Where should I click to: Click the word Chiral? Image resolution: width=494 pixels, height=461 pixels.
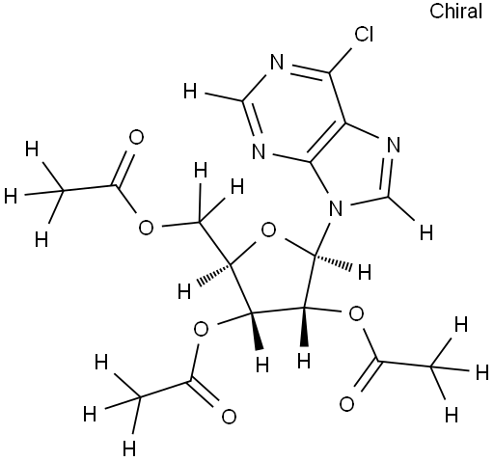pos(455,12)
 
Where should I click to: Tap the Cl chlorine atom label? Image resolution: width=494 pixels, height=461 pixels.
pos(364,34)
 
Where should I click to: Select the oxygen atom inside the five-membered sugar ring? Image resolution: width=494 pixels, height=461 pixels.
pos(269,230)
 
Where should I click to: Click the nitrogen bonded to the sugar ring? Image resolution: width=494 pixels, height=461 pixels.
pos(336,208)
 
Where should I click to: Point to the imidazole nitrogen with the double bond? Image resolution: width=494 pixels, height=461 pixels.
pos(393,145)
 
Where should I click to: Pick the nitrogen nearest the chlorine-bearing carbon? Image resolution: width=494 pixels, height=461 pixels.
pos(277,62)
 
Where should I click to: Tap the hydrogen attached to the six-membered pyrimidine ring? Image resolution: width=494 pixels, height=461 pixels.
pos(190,91)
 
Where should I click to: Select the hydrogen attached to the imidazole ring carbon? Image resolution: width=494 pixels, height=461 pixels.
pos(426,232)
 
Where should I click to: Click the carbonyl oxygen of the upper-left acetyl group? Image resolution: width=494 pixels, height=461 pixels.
pos(136,138)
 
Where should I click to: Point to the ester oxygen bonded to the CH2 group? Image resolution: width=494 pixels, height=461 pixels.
pos(146,228)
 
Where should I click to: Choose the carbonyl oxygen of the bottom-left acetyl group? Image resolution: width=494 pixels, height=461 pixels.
pos(229,417)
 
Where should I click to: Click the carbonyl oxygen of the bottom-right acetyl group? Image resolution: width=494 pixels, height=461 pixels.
pos(346,404)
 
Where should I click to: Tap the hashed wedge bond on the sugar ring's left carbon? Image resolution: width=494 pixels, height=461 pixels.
pos(215,274)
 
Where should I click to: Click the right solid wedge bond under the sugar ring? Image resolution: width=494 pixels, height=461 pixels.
pos(304,327)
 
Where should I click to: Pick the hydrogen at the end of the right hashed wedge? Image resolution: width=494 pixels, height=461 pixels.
pos(365,272)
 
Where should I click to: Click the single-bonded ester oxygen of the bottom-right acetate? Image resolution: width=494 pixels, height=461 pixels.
pos(356,314)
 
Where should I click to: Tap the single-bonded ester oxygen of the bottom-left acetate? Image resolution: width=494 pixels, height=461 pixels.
pos(202,329)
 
